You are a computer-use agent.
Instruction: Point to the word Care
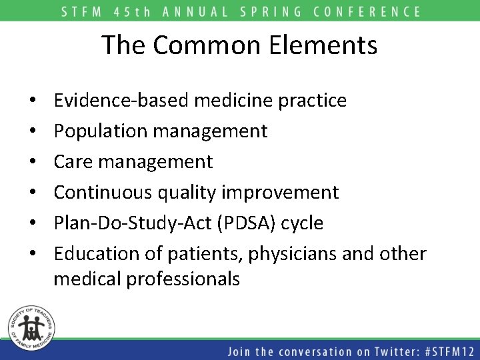point(73,162)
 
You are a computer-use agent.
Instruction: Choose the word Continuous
point(103,193)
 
